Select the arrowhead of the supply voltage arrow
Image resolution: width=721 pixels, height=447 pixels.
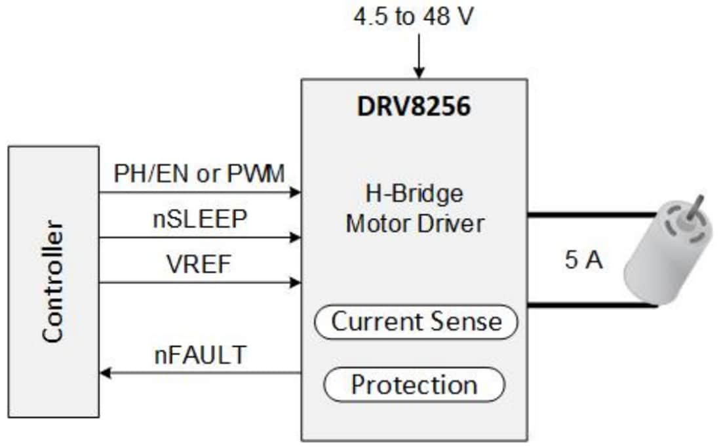tap(418, 73)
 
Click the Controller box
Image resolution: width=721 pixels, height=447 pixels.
tap(54, 282)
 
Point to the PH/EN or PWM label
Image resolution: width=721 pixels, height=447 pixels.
tap(199, 175)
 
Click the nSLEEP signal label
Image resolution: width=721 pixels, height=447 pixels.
tap(200, 219)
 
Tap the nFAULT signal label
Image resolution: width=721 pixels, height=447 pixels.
tap(200, 355)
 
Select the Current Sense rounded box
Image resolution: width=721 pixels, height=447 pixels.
tap(416, 322)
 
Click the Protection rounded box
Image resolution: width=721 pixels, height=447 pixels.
tap(414, 385)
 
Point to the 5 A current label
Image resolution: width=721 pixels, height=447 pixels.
tap(583, 261)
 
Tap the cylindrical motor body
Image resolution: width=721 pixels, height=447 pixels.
tap(662, 263)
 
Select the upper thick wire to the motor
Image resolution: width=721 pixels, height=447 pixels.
tap(590, 215)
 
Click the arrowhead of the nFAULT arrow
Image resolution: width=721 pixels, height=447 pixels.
tap(105, 373)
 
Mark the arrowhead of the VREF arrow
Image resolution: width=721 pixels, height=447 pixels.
tap(296, 283)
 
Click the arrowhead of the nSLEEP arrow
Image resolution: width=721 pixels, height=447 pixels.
tap(296, 238)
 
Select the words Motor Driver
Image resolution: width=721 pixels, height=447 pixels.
tap(415, 224)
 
